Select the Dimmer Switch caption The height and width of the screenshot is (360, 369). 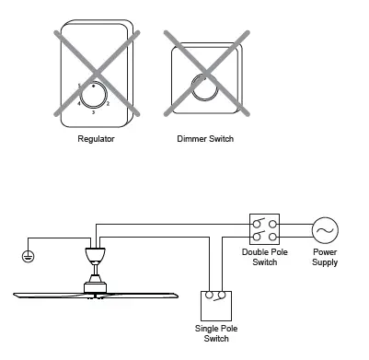click(x=204, y=139)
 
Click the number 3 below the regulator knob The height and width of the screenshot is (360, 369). click(x=93, y=112)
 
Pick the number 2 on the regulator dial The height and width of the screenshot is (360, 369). click(x=109, y=103)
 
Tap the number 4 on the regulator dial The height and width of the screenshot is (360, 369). click(x=77, y=103)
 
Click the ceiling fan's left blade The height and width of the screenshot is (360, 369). click(x=46, y=294)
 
